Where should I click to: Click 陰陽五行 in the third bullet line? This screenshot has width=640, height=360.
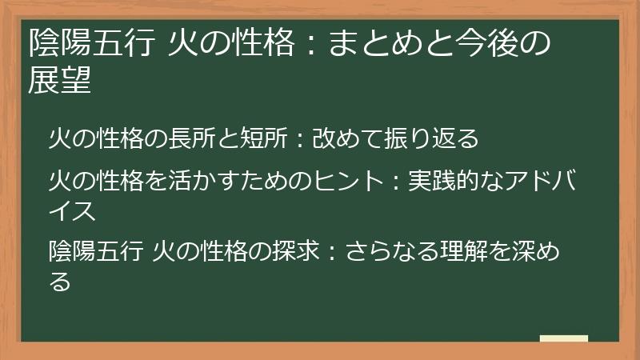tap(97, 252)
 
